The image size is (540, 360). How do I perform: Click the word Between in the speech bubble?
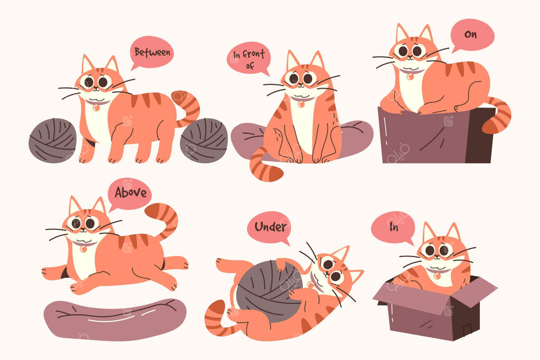pyautogui.click(x=152, y=52)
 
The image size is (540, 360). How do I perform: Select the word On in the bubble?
pyautogui.click(x=470, y=34)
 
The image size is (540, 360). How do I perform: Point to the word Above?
pyautogui.click(x=131, y=192)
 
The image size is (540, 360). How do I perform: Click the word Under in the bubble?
pyautogui.click(x=271, y=227)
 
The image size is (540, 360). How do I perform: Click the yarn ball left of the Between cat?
pyautogui.click(x=53, y=140)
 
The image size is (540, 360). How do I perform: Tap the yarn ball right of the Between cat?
pyautogui.click(x=204, y=140)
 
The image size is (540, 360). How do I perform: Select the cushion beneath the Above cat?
pyautogui.click(x=115, y=319)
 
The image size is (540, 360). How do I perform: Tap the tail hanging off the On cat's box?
pyautogui.click(x=498, y=115)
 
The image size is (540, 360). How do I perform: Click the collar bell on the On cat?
pyautogui.click(x=410, y=77)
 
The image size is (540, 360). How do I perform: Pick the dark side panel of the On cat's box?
pyautogui.click(x=480, y=135)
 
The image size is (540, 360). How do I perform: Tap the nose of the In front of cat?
pyautogui.click(x=300, y=83)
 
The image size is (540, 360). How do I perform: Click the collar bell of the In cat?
pyautogui.click(x=437, y=276)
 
